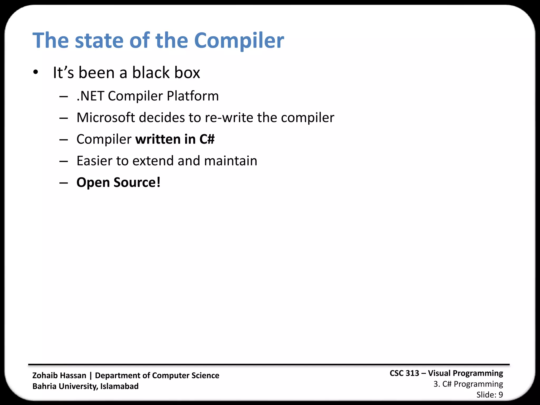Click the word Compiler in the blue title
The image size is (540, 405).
tap(239, 41)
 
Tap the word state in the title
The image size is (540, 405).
tap(99, 41)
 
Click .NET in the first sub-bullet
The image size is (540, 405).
tap(90, 96)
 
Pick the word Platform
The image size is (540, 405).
tap(193, 96)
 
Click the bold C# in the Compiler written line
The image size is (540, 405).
tap(207, 139)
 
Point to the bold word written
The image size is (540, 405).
tap(158, 139)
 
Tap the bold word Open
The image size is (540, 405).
tap(93, 182)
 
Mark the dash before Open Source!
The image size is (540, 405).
tap(64, 183)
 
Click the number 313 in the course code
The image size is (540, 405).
tap(412, 373)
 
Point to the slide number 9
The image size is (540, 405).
tap(500, 395)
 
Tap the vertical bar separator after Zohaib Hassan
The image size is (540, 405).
tap(91, 375)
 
